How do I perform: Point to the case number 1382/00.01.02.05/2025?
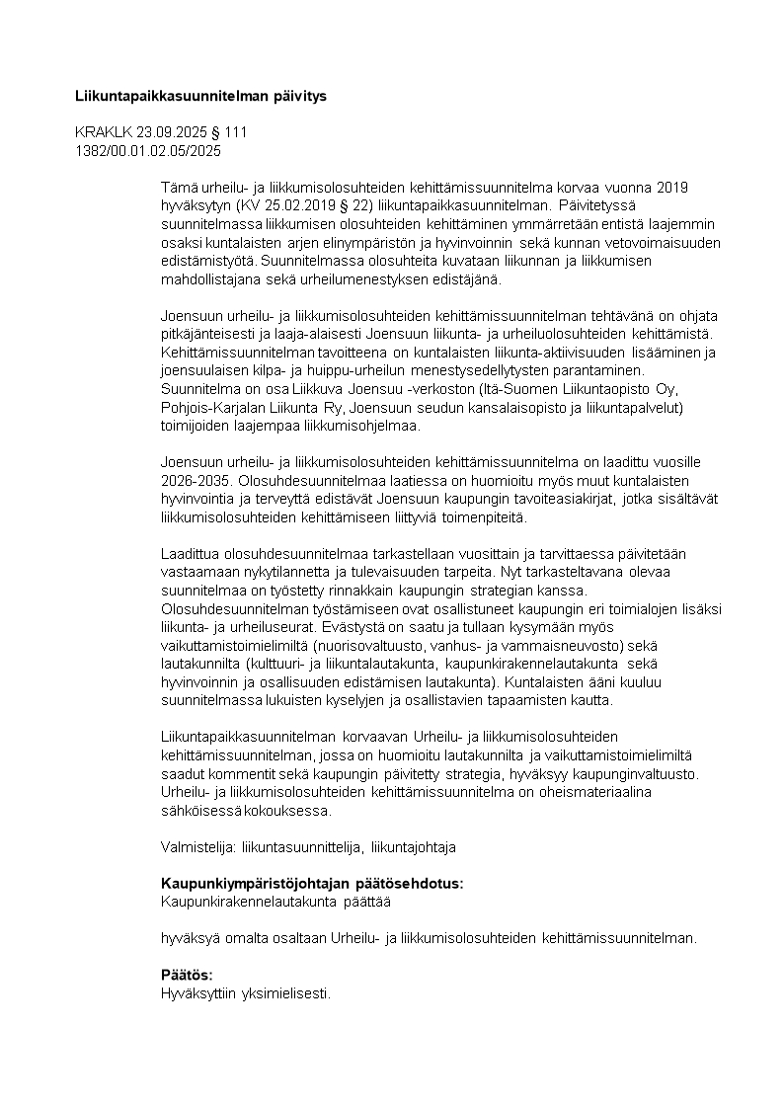tap(148, 151)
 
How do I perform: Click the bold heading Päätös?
tap(187, 975)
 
